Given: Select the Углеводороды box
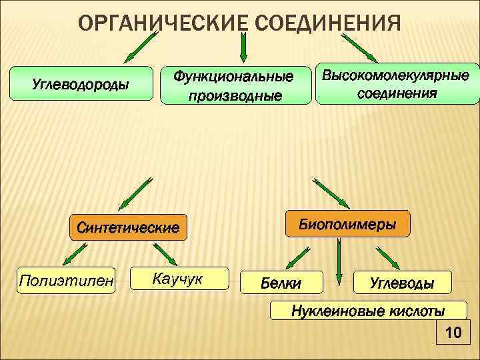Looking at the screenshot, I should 81,85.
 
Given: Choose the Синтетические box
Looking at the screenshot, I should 129,227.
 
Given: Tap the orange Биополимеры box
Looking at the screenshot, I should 348,224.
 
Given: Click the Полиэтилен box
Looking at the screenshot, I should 67,278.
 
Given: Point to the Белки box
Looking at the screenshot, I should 281,283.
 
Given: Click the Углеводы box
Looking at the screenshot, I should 402,283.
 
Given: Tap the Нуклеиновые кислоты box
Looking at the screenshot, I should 368,311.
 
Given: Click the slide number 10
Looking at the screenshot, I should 453,332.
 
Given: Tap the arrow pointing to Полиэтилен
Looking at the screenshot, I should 72,255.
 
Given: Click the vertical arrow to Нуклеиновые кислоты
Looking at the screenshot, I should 339,267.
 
